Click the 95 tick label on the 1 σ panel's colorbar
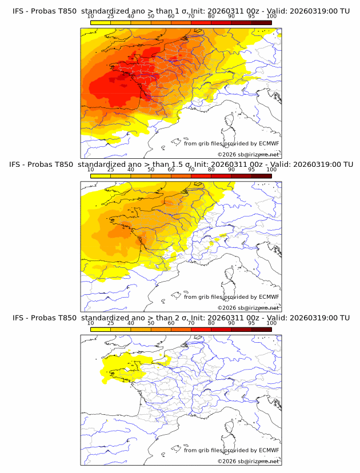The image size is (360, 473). click(x=251, y=17)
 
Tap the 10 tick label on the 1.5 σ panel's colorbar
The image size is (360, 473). click(x=91, y=170)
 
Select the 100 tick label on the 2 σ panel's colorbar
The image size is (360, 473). click(x=271, y=323)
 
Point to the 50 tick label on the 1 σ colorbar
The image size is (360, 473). click(x=151, y=17)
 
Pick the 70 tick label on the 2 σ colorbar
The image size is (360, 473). click(x=191, y=323)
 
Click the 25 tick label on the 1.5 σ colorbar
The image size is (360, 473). click(x=111, y=170)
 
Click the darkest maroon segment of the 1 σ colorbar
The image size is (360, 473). click(x=261, y=22)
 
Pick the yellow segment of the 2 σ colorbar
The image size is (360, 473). click(x=101, y=328)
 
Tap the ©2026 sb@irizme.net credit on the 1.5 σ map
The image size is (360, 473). click(x=248, y=308)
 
